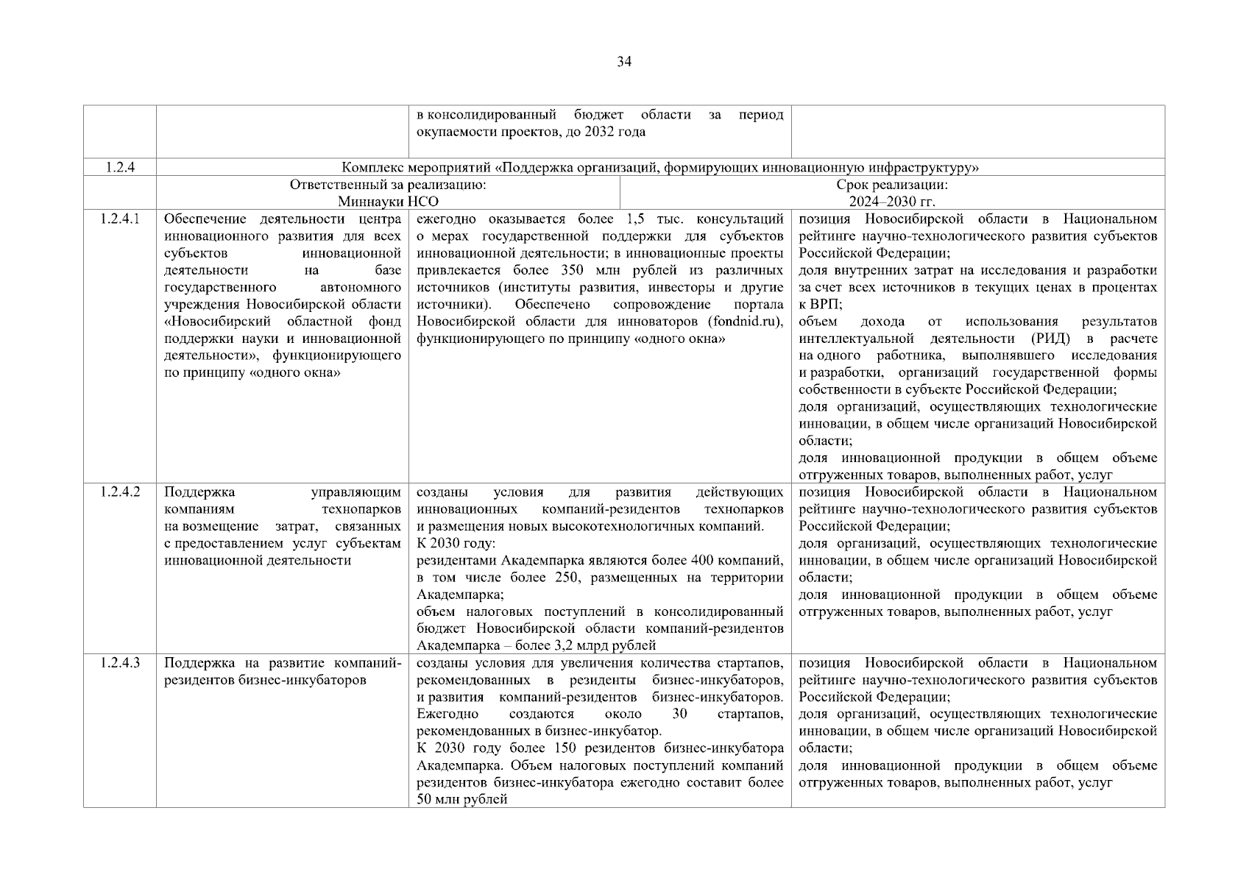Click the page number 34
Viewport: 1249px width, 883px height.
coord(623,62)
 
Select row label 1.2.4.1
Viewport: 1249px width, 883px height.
coord(119,219)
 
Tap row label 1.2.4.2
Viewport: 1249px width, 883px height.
coord(119,492)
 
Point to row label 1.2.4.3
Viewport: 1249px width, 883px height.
coord(119,663)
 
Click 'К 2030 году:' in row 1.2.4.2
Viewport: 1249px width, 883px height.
coord(456,544)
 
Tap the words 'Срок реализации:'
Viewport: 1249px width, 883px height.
coord(892,185)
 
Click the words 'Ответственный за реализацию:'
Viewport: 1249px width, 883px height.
coord(388,185)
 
